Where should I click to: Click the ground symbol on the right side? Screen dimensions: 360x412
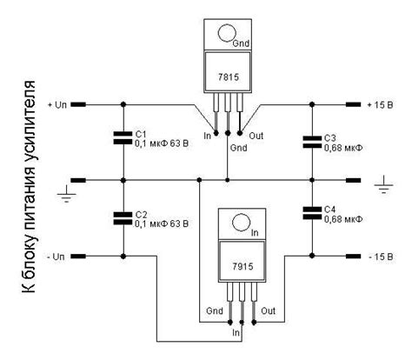click(x=382, y=184)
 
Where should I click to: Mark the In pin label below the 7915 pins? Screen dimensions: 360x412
click(x=236, y=331)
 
